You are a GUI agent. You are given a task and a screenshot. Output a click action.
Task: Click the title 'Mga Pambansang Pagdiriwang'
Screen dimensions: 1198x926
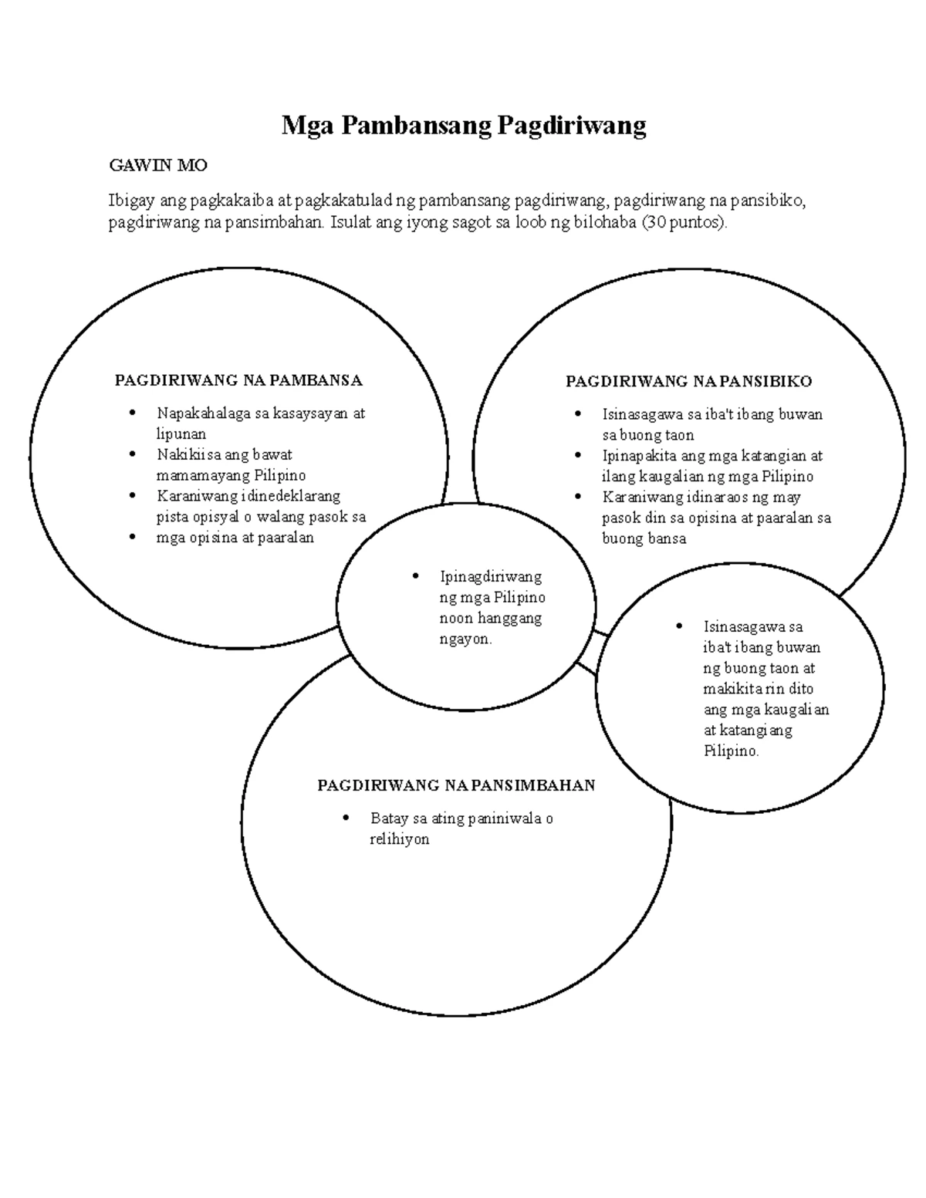pos(463,124)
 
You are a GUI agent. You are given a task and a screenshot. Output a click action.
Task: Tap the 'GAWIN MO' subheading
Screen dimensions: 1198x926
pos(158,165)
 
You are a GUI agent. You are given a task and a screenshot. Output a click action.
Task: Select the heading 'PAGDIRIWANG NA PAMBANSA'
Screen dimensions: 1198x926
pos(238,380)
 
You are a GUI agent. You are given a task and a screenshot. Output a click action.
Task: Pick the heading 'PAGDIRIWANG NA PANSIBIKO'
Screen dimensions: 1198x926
pos(688,381)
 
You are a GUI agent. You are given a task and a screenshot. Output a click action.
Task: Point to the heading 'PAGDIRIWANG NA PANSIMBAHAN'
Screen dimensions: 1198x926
pos(456,785)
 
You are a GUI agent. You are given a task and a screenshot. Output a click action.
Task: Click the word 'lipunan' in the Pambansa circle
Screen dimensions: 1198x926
pos(181,434)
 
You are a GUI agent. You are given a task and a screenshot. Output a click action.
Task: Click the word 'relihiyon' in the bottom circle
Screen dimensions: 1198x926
pos(399,839)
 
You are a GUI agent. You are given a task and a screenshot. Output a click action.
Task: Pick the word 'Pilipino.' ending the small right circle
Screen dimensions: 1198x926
pos(732,751)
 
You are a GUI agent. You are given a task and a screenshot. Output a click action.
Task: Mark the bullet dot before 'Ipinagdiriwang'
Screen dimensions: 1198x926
pos(416,576)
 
